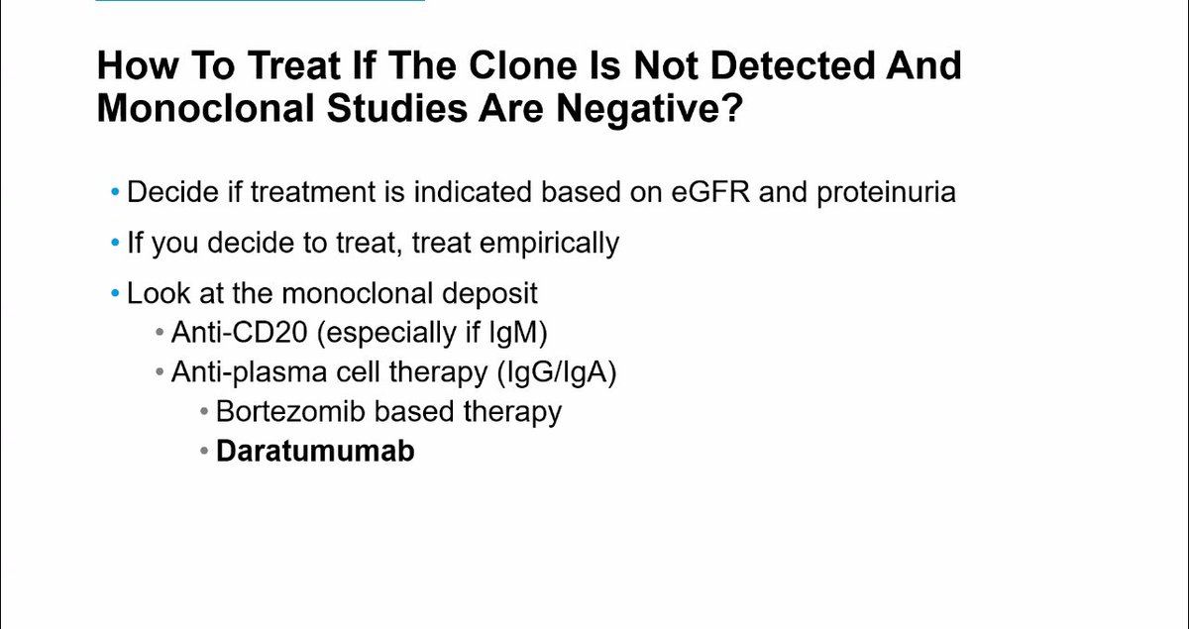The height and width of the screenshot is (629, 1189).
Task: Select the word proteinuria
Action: tap(886, 191)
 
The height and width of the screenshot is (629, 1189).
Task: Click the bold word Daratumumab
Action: tap(315, 451)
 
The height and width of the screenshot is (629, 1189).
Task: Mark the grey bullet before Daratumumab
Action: tap(204, 452)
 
